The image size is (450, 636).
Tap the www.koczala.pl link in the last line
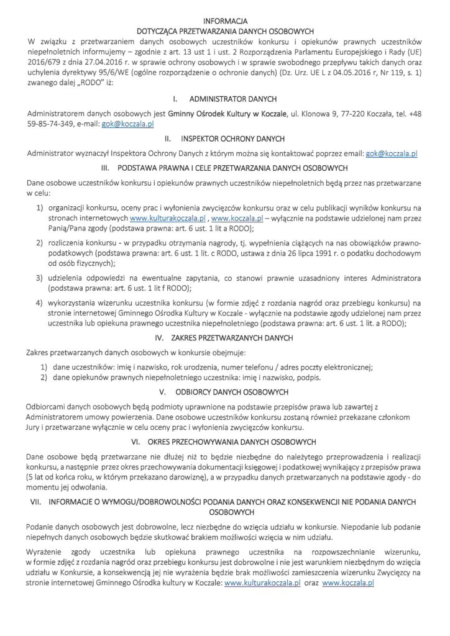[348, 584]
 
